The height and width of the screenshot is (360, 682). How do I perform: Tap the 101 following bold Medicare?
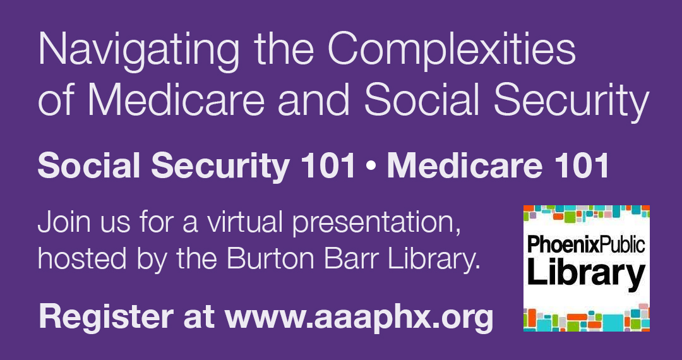pos(584,165)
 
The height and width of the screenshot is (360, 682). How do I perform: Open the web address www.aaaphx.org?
pos(359,316)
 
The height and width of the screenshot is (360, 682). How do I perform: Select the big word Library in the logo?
pos(586,273)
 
